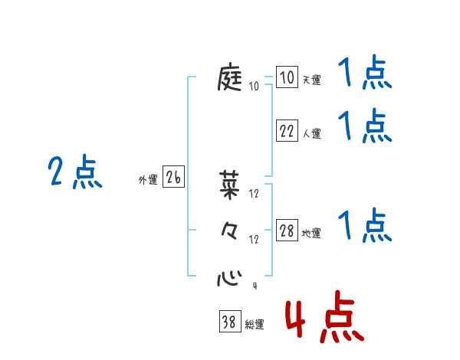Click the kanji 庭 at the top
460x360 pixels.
231,79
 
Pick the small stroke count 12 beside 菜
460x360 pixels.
254,193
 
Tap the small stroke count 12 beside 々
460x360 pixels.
254,240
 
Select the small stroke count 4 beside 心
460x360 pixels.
254,287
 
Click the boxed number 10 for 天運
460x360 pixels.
287,78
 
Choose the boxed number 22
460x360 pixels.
287,131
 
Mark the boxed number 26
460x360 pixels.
173,178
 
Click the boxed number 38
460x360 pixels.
228,322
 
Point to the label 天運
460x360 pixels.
311,80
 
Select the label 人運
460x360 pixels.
311,133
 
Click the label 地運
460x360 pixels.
311,233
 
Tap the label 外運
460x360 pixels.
148,180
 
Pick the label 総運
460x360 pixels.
254,324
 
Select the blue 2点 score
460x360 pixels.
76,172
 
